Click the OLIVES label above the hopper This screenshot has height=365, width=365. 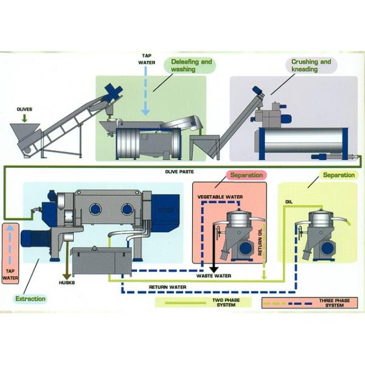(25, 109)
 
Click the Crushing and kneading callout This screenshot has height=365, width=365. (311, 66)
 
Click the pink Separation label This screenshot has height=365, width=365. (247, 175)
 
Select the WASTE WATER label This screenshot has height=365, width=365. (213, 276)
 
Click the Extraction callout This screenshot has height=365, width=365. (30, 299)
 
